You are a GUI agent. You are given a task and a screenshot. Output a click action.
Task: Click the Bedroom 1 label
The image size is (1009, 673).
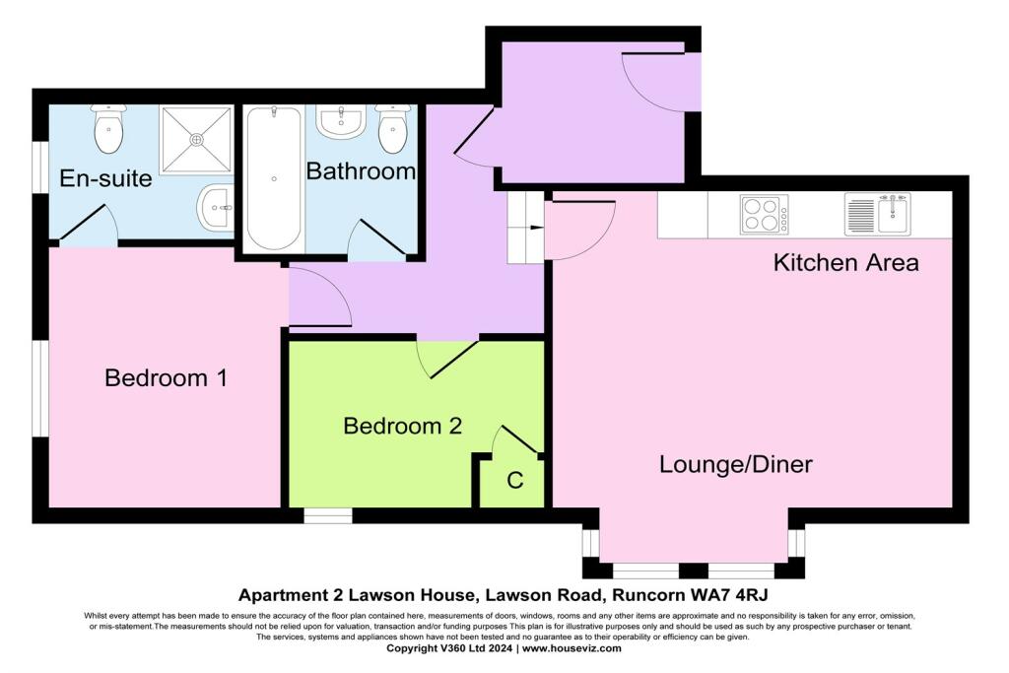point(166,377)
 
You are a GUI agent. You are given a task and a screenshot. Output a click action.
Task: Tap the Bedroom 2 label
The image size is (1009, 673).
point(402,426)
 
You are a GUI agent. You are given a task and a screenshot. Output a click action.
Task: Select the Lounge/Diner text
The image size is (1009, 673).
point(735,464)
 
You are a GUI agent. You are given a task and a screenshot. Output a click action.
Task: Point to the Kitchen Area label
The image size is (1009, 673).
point(845,263)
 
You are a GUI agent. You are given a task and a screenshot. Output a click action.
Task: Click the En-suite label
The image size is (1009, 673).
point(105,178)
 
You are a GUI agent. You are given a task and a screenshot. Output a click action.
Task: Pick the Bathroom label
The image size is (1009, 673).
point(361,171)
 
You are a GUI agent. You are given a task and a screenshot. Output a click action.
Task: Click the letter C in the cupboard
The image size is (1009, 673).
point(514,481)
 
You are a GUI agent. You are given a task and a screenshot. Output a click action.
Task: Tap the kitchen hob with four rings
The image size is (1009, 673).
point(765,215)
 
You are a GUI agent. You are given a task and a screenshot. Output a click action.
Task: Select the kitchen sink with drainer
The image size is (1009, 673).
point(877,213)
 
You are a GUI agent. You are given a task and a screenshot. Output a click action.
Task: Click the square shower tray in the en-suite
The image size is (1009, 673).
point(196,140)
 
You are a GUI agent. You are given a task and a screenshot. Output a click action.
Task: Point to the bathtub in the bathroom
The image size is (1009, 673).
point(273,179)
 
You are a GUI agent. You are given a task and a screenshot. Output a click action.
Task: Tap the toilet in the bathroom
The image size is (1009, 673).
point(393,129)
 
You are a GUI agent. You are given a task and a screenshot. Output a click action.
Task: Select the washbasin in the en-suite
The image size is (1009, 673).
point(216,207)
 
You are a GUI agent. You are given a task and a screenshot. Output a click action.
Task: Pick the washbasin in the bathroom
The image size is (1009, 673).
point(342,123)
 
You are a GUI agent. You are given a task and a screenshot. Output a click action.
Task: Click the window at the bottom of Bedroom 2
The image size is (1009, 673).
point(327,515)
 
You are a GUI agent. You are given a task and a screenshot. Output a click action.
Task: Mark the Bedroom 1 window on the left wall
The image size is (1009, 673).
point(39,388)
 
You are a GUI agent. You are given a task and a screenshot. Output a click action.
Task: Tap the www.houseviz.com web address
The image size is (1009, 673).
point(572,648)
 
